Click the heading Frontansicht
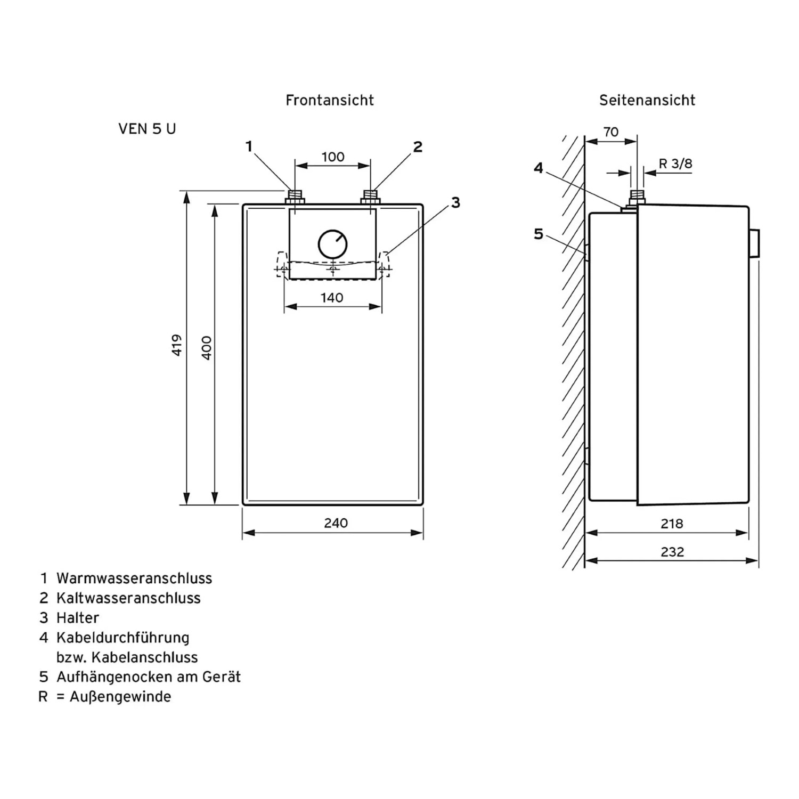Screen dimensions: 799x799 pos(330,100)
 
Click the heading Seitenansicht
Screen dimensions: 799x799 pos(647,100)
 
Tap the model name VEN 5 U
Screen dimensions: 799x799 pos(147,129)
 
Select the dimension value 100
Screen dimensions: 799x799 pos(333,157)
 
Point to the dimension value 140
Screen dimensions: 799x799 pos(332,298)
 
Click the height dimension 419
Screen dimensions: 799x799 pos(177,345)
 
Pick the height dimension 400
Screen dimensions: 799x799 pos(207,347)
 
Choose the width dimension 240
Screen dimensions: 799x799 pos(336,523)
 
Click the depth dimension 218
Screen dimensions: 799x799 pos(672,524)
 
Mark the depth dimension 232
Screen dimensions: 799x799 pos(672,552)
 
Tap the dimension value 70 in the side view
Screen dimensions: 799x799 pos(611,132)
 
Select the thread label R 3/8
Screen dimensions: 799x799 pos(675,164)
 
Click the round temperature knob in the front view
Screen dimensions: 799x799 pos(333,244)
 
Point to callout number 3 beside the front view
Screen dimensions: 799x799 pos(455,202)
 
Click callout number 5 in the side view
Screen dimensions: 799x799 pos(539,234)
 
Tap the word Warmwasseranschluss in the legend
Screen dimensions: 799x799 pos(134,578)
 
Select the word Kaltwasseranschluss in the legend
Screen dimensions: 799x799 pos(128,598)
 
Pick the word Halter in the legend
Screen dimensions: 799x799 pos(78,618)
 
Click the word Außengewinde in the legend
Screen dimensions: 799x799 pos(120,697)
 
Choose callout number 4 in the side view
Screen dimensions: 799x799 pos(539,168)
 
